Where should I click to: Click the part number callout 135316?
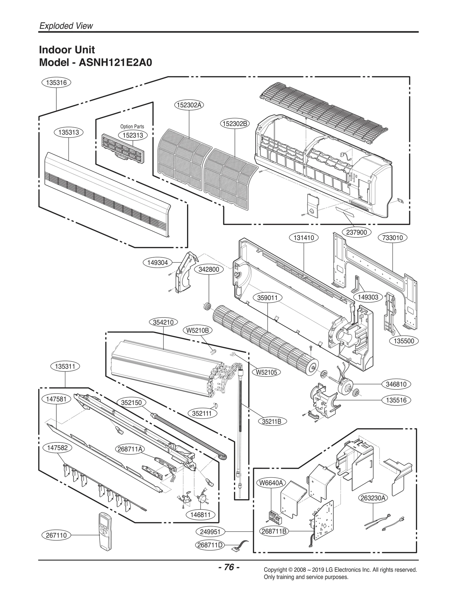(x=56, y=83)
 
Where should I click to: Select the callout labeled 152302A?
(x=189, y=105)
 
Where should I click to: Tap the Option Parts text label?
(x=132, y=126)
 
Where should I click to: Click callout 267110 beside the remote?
(x=56, y=535)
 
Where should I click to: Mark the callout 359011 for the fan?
(x=267, y=298)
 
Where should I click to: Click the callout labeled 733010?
(x=392, y=238)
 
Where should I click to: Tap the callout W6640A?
(x=270, y=483)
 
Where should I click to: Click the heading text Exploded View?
(x=66, y=26)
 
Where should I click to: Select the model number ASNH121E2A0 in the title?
(x=115, y=62)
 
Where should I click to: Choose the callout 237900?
(x=356, y=233)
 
